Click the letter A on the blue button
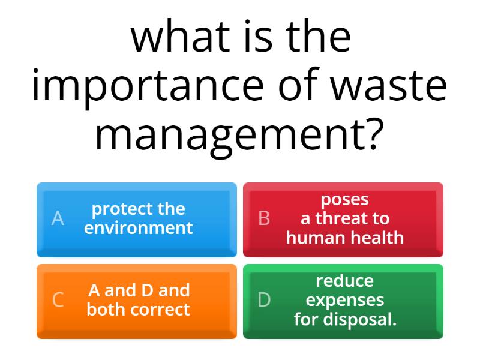pos(58,218)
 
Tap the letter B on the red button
pos(264,218)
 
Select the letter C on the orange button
pos(58,300)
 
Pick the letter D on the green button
pos(264,300)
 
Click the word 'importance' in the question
pos(147,86)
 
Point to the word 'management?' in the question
pos(239,135)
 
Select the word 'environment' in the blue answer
pos(139,228)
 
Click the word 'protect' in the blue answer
pos(117,209)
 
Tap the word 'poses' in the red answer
pos(344,199)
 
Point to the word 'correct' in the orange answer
pos(161,310)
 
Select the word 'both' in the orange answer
pos(107,310)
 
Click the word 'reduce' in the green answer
pos(344,281)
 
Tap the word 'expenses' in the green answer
pos(344,300)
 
